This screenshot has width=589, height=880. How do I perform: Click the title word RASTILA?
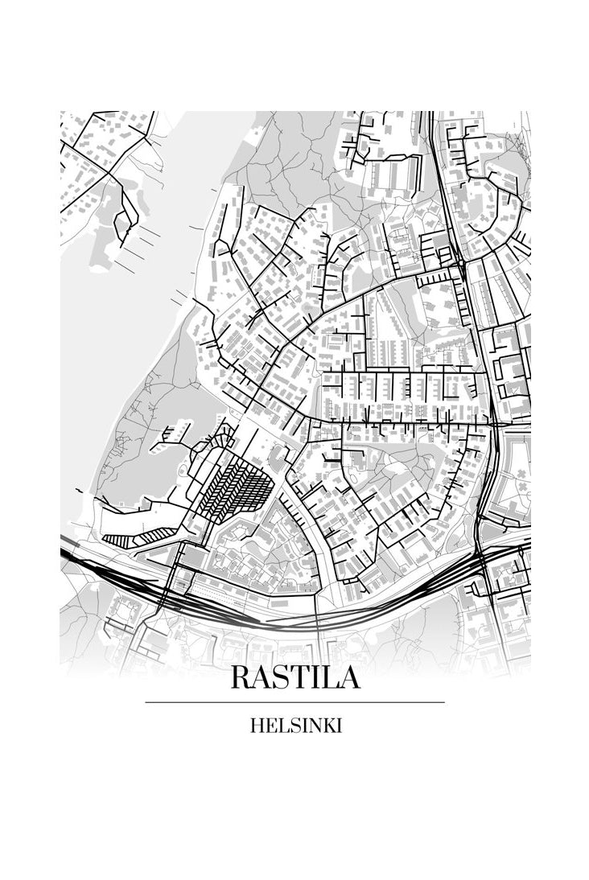(x=294, y=677)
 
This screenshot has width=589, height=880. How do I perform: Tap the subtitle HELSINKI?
(x=295, y=726)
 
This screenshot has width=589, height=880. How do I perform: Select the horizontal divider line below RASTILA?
(x=294, y=702)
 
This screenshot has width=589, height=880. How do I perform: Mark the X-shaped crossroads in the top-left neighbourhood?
(x=105, y=171)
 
